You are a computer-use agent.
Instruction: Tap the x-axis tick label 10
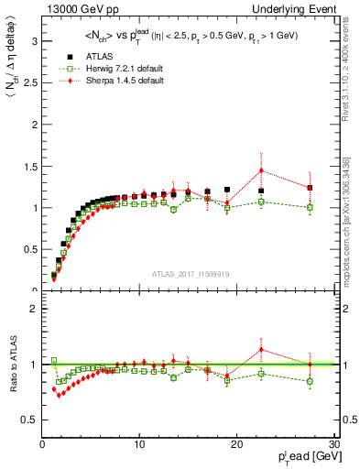(139, 444)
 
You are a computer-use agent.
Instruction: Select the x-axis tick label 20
(236, 444)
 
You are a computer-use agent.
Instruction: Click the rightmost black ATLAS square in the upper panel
(310, 188)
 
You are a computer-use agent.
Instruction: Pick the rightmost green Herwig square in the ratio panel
(310, 381)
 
